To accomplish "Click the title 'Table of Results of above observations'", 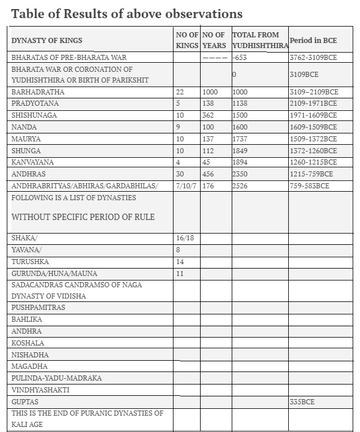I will pos(127,14).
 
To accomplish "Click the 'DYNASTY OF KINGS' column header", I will pos(47,40).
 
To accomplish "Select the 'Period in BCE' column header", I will pos(313,40).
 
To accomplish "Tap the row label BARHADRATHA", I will pos(38,92).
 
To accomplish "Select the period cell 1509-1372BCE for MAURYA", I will pos(313,139).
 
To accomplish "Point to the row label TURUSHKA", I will pos(30,262).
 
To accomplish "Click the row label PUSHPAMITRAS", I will pos(38,307).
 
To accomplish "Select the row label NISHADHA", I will pos(30,355).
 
